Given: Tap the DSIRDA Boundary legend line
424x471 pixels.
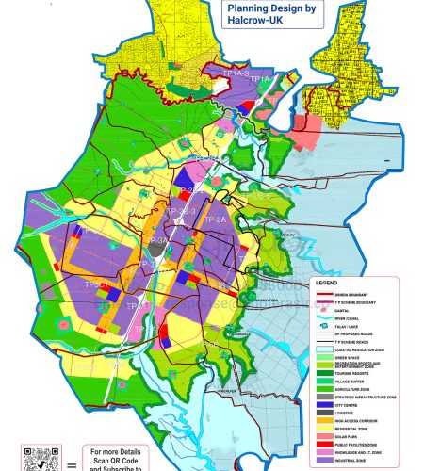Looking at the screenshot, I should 324,295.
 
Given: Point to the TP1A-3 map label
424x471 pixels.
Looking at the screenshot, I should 236,73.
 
